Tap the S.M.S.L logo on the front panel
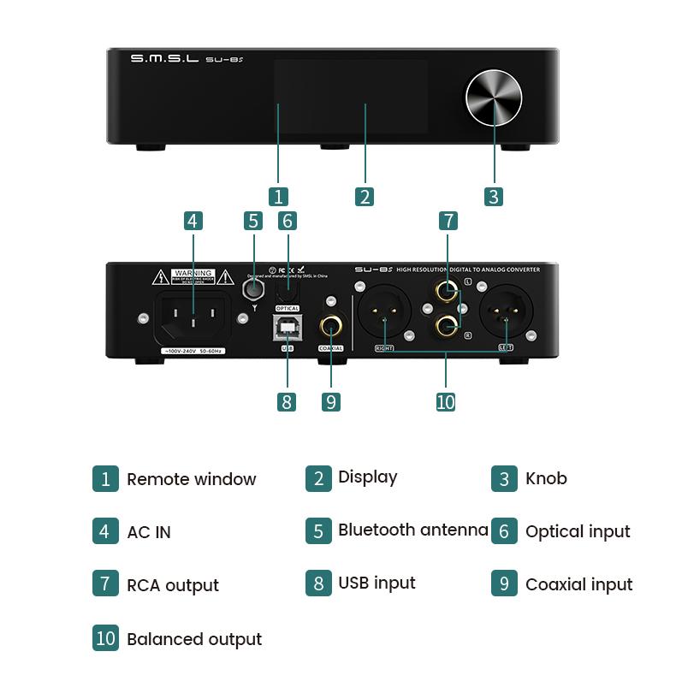coord(163,59)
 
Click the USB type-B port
coord(287,327)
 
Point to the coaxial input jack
coord(331,326)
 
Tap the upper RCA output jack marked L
coord(445,291)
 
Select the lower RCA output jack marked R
coord(445,325)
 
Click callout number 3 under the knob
coord(493,196)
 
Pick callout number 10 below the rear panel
coord(446,401)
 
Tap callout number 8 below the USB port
coord(287,401)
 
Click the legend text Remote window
coord(191,479)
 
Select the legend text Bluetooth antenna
coord(412,530)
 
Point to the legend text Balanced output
coord(194,639)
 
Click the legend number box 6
coord(504,531)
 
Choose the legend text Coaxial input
coord(578,585)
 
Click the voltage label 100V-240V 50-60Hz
coord(193,352)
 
